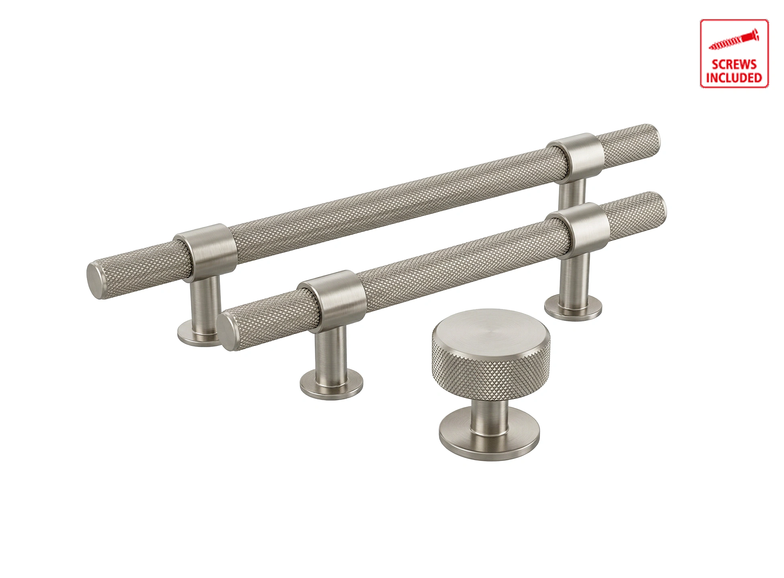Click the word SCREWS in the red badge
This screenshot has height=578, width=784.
(734, 64)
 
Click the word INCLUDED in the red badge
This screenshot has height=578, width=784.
(734, 77)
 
